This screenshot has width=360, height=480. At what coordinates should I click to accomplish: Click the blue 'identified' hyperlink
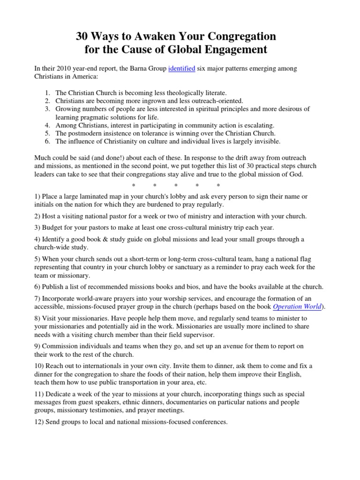(x=182, y=68)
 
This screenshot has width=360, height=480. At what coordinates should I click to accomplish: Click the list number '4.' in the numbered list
(x=48, y=126)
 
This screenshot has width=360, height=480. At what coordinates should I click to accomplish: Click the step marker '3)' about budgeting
(x=37, y=227)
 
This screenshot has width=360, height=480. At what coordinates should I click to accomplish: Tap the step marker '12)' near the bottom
(x=39, y=422)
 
